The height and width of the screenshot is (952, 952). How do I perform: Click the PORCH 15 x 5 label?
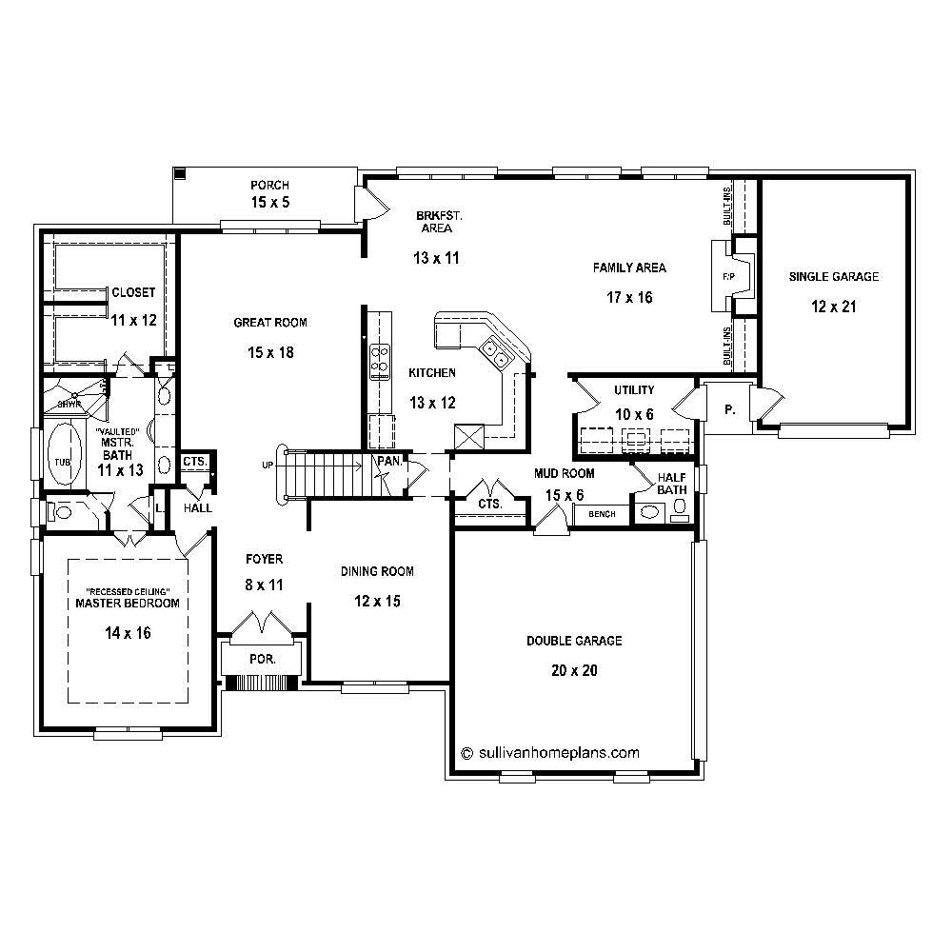click(x=269, y=193)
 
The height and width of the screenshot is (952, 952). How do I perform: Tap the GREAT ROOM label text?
click(x=270, y=323)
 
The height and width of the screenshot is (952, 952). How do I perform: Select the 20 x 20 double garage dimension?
click(x=574, y=670)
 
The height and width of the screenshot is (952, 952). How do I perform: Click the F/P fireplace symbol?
click(x=729, y=276)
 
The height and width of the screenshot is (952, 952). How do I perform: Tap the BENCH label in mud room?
click(x=603, y=514)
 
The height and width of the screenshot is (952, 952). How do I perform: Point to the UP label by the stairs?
click(x=268, y=465)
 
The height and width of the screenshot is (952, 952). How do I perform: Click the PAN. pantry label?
click(x=388, y=460)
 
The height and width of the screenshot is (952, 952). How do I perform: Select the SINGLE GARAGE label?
click(x=833, y=277)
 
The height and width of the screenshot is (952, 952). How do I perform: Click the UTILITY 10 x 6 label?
click(x=633, y=402)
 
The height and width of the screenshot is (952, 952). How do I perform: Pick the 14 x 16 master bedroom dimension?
click(x=128, y=632)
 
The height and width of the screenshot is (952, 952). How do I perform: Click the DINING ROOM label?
click(x=377, y=571)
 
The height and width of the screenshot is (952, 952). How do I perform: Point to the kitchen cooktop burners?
click(x=379, y=358)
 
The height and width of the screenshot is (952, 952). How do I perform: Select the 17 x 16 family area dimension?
click(x=629, y=297)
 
